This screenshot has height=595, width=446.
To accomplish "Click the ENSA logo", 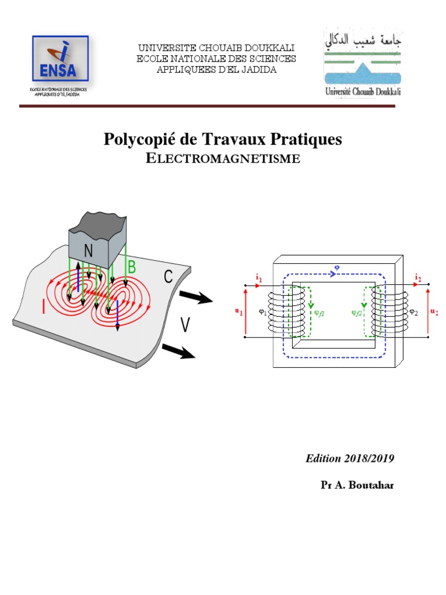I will click(x=60, y=60).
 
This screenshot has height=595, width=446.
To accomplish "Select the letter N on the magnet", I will click(x=89, y=251).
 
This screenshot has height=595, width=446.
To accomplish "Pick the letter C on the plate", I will click(x=168, y=277).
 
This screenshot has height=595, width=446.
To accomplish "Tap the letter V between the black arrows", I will click(x=185, y=326).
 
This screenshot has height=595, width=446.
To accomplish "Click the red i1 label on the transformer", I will click(x=258, y=278).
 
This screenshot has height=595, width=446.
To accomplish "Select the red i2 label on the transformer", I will click(x=418, y=278).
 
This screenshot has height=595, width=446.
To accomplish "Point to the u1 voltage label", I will click(x=238, y=311).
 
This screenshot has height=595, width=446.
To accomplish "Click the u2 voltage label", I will click(x=434, y=312).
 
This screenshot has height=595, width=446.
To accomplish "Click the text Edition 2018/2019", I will click(x=350, y=458).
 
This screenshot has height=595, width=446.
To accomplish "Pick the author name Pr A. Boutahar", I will click(x=357, y=485).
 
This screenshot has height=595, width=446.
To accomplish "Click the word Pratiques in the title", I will click(x=307, y=139).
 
